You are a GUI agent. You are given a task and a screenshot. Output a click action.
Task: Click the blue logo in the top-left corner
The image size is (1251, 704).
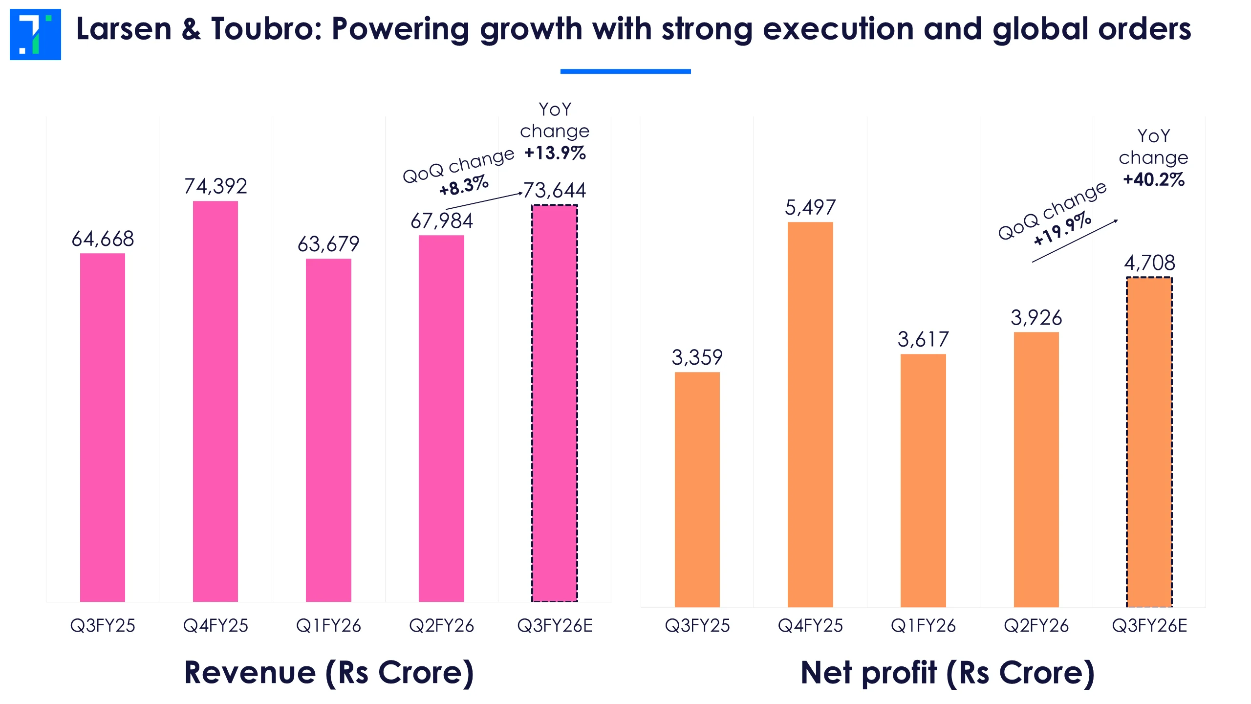tap(35, 34)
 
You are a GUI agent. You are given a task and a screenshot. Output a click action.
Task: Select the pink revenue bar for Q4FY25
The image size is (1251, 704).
tap(216, 401)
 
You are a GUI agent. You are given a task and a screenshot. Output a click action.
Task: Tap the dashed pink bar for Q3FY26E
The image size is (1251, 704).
tap(555, 403)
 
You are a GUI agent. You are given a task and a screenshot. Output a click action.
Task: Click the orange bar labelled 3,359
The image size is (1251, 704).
tap(697, 489)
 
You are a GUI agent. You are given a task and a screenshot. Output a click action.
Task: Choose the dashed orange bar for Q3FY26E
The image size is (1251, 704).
tap(1149, 442)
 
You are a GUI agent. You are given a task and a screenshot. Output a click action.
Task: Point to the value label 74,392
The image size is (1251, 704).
tap(216, 186)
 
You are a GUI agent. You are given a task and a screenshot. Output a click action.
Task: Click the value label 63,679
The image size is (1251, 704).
tap(328, 244)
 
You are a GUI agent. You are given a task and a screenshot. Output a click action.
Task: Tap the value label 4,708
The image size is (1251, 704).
tap(1149, 263)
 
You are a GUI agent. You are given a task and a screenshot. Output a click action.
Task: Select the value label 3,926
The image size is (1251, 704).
tap(1036, 318)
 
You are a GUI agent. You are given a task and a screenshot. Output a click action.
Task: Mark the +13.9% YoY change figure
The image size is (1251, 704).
tap(555, 153)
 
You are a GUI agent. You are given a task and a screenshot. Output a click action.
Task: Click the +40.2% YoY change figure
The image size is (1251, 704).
tap(1154, 179)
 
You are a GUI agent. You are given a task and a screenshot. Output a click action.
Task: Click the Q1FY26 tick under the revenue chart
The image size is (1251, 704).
tap(328, 626)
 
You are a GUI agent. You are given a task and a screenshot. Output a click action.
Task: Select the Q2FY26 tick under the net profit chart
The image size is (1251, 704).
tap(1036, 626)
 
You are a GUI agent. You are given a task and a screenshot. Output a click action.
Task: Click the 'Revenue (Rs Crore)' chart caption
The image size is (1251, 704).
tap(329, 673)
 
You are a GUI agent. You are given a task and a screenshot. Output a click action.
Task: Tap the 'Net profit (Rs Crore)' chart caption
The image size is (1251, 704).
tap(948, 673)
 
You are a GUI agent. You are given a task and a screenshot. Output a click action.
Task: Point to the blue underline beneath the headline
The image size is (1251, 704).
tap(625, 71)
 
